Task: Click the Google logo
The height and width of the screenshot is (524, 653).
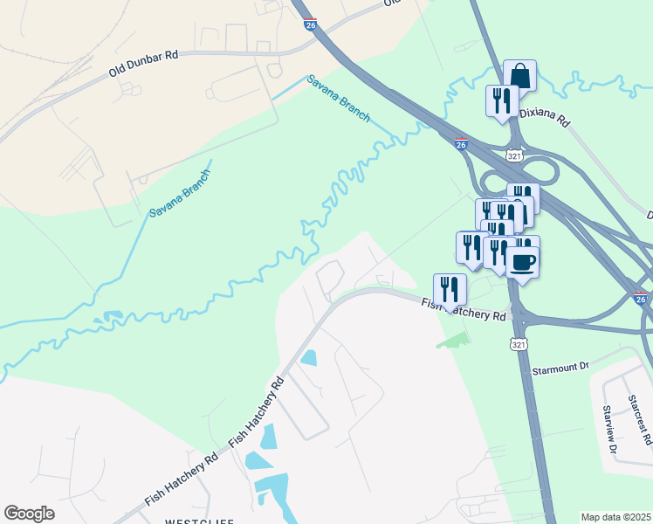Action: tap(29, 514)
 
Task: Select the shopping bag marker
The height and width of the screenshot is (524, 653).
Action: tap(520, 75)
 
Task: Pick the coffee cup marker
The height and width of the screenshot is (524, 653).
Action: tap(522, 261)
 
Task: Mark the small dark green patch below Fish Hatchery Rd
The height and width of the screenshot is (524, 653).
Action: tap(455, 339)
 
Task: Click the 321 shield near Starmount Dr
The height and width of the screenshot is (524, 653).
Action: tap(519, 344)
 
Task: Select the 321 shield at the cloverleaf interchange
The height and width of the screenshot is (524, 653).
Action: tap(515, 155)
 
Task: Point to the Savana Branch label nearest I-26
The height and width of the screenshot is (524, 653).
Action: tap(338, 99)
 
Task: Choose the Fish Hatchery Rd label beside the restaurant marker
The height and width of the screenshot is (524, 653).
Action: tap(464, 310)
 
